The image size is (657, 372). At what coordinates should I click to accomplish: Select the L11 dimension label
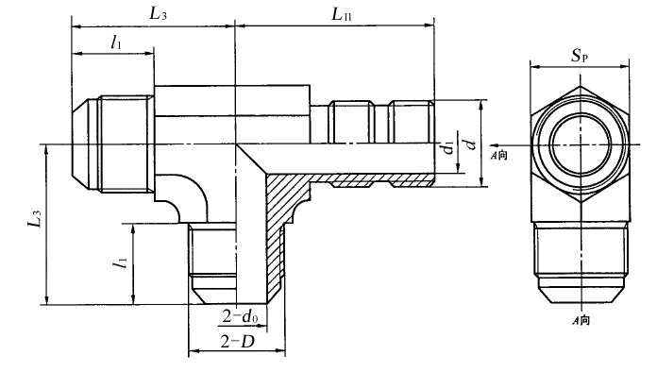click(342, 14)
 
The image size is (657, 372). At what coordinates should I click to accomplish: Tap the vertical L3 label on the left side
click(35, 218)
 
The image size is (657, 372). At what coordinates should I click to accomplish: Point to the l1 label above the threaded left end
click(116, 42)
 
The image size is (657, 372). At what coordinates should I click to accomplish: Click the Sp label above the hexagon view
click(580, 55)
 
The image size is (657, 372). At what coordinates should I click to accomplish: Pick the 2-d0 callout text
click(240, 316)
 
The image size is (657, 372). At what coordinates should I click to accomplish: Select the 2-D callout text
click(238, 342)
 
